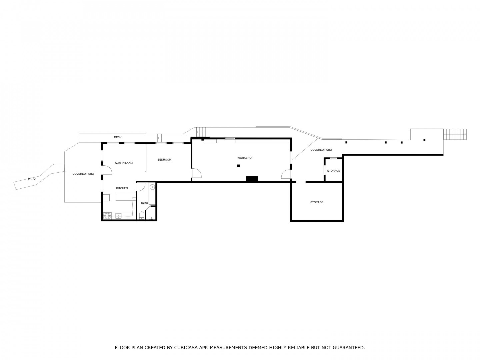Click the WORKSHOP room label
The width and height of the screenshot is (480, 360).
point(245,158)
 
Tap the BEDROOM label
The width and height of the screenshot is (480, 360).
point(164,160)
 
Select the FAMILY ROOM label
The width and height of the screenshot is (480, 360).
point(124,163)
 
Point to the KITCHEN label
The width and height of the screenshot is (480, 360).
point(122,188)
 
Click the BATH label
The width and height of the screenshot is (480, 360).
point(144,203)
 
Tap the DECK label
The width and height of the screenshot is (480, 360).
point(118,137)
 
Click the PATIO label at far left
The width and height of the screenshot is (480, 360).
point(32,179)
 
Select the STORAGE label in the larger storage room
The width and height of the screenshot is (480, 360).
point(317,202)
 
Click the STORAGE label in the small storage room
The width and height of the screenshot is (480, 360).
point(333,171)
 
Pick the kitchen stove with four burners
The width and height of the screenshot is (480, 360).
point(107,216)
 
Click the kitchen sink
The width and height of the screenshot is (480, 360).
point(119,216)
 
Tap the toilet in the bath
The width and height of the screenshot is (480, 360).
point(142,215)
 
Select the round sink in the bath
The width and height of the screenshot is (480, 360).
point(152,187)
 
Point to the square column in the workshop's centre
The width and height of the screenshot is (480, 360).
point(238,166)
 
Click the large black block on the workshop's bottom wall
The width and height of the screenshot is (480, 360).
point(252,179)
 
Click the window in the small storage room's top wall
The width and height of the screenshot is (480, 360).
point(333,158)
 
